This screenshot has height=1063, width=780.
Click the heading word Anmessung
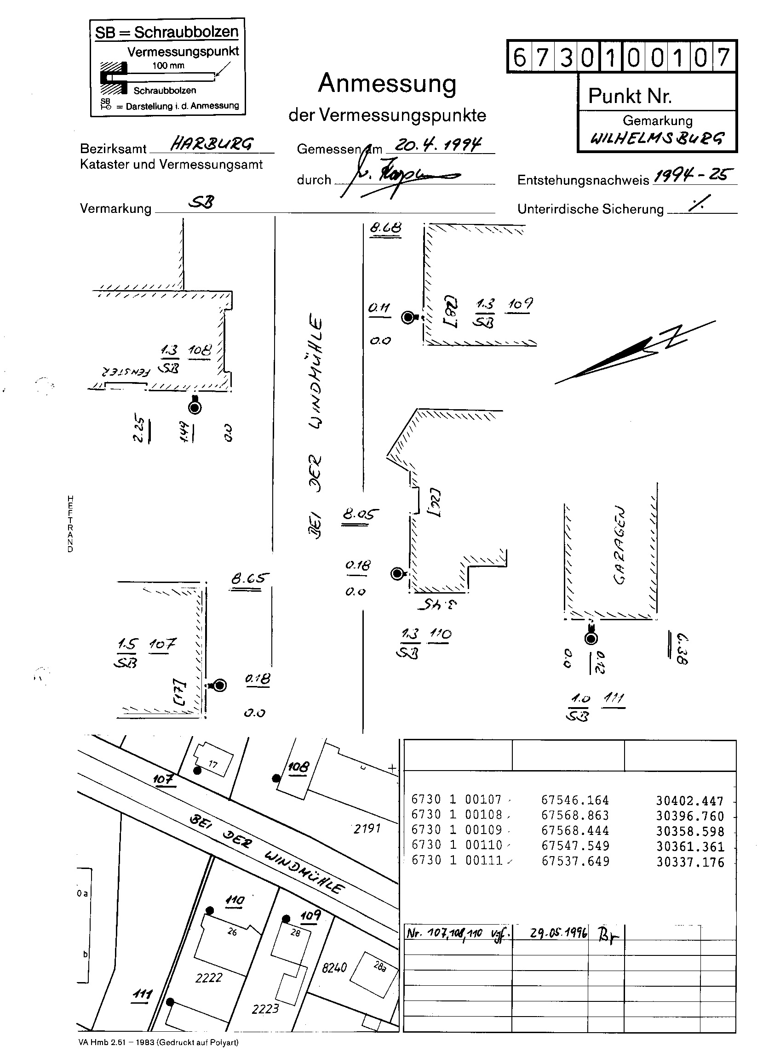point(387,84)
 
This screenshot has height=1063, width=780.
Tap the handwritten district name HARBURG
point(212,143)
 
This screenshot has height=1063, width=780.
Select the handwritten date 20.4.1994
point(438,144)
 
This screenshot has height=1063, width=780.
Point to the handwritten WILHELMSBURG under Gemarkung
point(657,138)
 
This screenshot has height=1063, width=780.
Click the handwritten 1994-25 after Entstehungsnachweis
point(694,176)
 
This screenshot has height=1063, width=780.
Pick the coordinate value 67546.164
point(574,800)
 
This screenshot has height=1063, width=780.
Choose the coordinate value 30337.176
point(689,863)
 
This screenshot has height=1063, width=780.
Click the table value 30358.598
point(689,831)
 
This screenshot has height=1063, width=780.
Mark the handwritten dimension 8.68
point(385,228)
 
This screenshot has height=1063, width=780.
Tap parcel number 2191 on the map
point(367,829)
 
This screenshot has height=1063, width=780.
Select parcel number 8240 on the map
point(334,968)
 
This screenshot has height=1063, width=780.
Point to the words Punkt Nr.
point(630,96)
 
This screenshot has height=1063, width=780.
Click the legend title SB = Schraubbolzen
point(167,32)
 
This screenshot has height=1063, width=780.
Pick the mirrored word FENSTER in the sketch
point(125,371)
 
